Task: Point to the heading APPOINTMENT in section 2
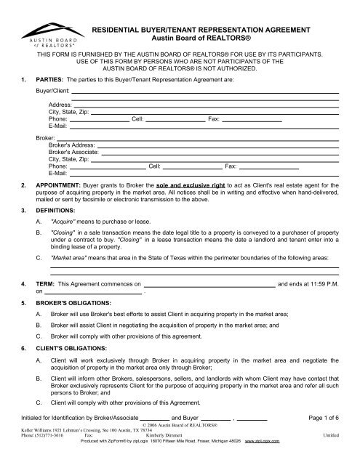pos(60,186)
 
